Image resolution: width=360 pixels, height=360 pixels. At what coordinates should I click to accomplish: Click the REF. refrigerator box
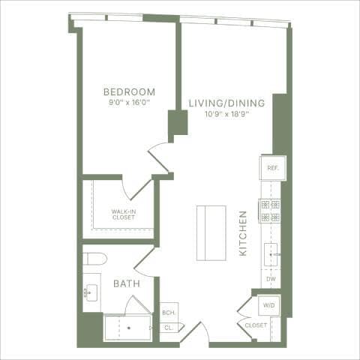[271, 168]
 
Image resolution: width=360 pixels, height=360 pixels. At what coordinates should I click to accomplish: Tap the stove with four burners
[270, 211]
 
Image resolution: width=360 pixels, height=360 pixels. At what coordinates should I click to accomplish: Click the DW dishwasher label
[271, 280]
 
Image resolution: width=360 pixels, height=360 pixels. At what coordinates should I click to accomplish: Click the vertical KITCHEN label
[243, 233]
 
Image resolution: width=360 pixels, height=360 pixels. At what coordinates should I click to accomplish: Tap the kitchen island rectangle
[211, 232]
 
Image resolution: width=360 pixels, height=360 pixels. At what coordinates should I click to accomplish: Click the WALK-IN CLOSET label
[123, 214]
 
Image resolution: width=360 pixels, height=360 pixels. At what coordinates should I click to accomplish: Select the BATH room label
[124, 284]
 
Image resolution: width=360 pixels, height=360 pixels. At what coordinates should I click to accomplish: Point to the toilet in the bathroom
[94, 259]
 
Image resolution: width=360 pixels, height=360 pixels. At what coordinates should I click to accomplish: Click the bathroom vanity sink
[91, 292]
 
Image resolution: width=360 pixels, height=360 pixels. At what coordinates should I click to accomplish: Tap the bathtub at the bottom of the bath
[127, 328]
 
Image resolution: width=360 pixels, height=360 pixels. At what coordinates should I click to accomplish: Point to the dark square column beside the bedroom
[178, 122]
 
